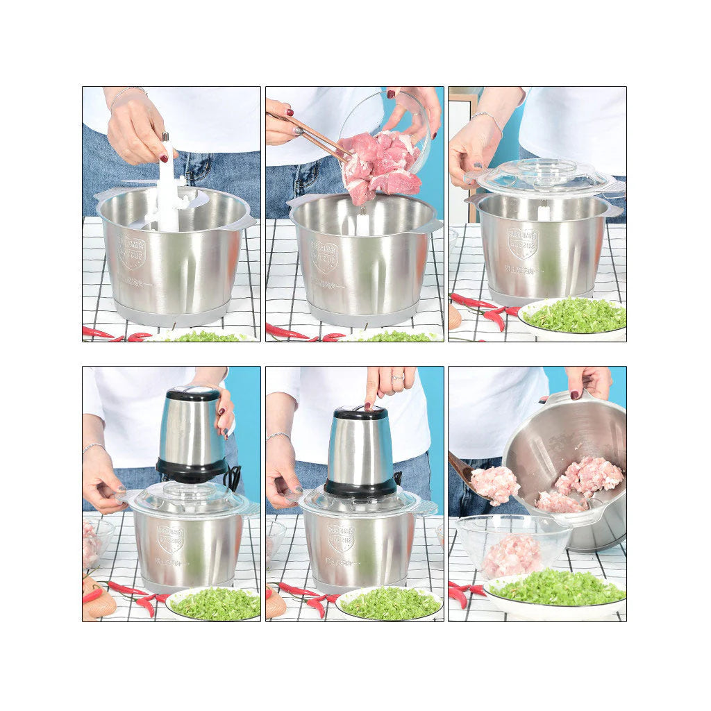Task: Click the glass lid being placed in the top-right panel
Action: click(546, 176)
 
